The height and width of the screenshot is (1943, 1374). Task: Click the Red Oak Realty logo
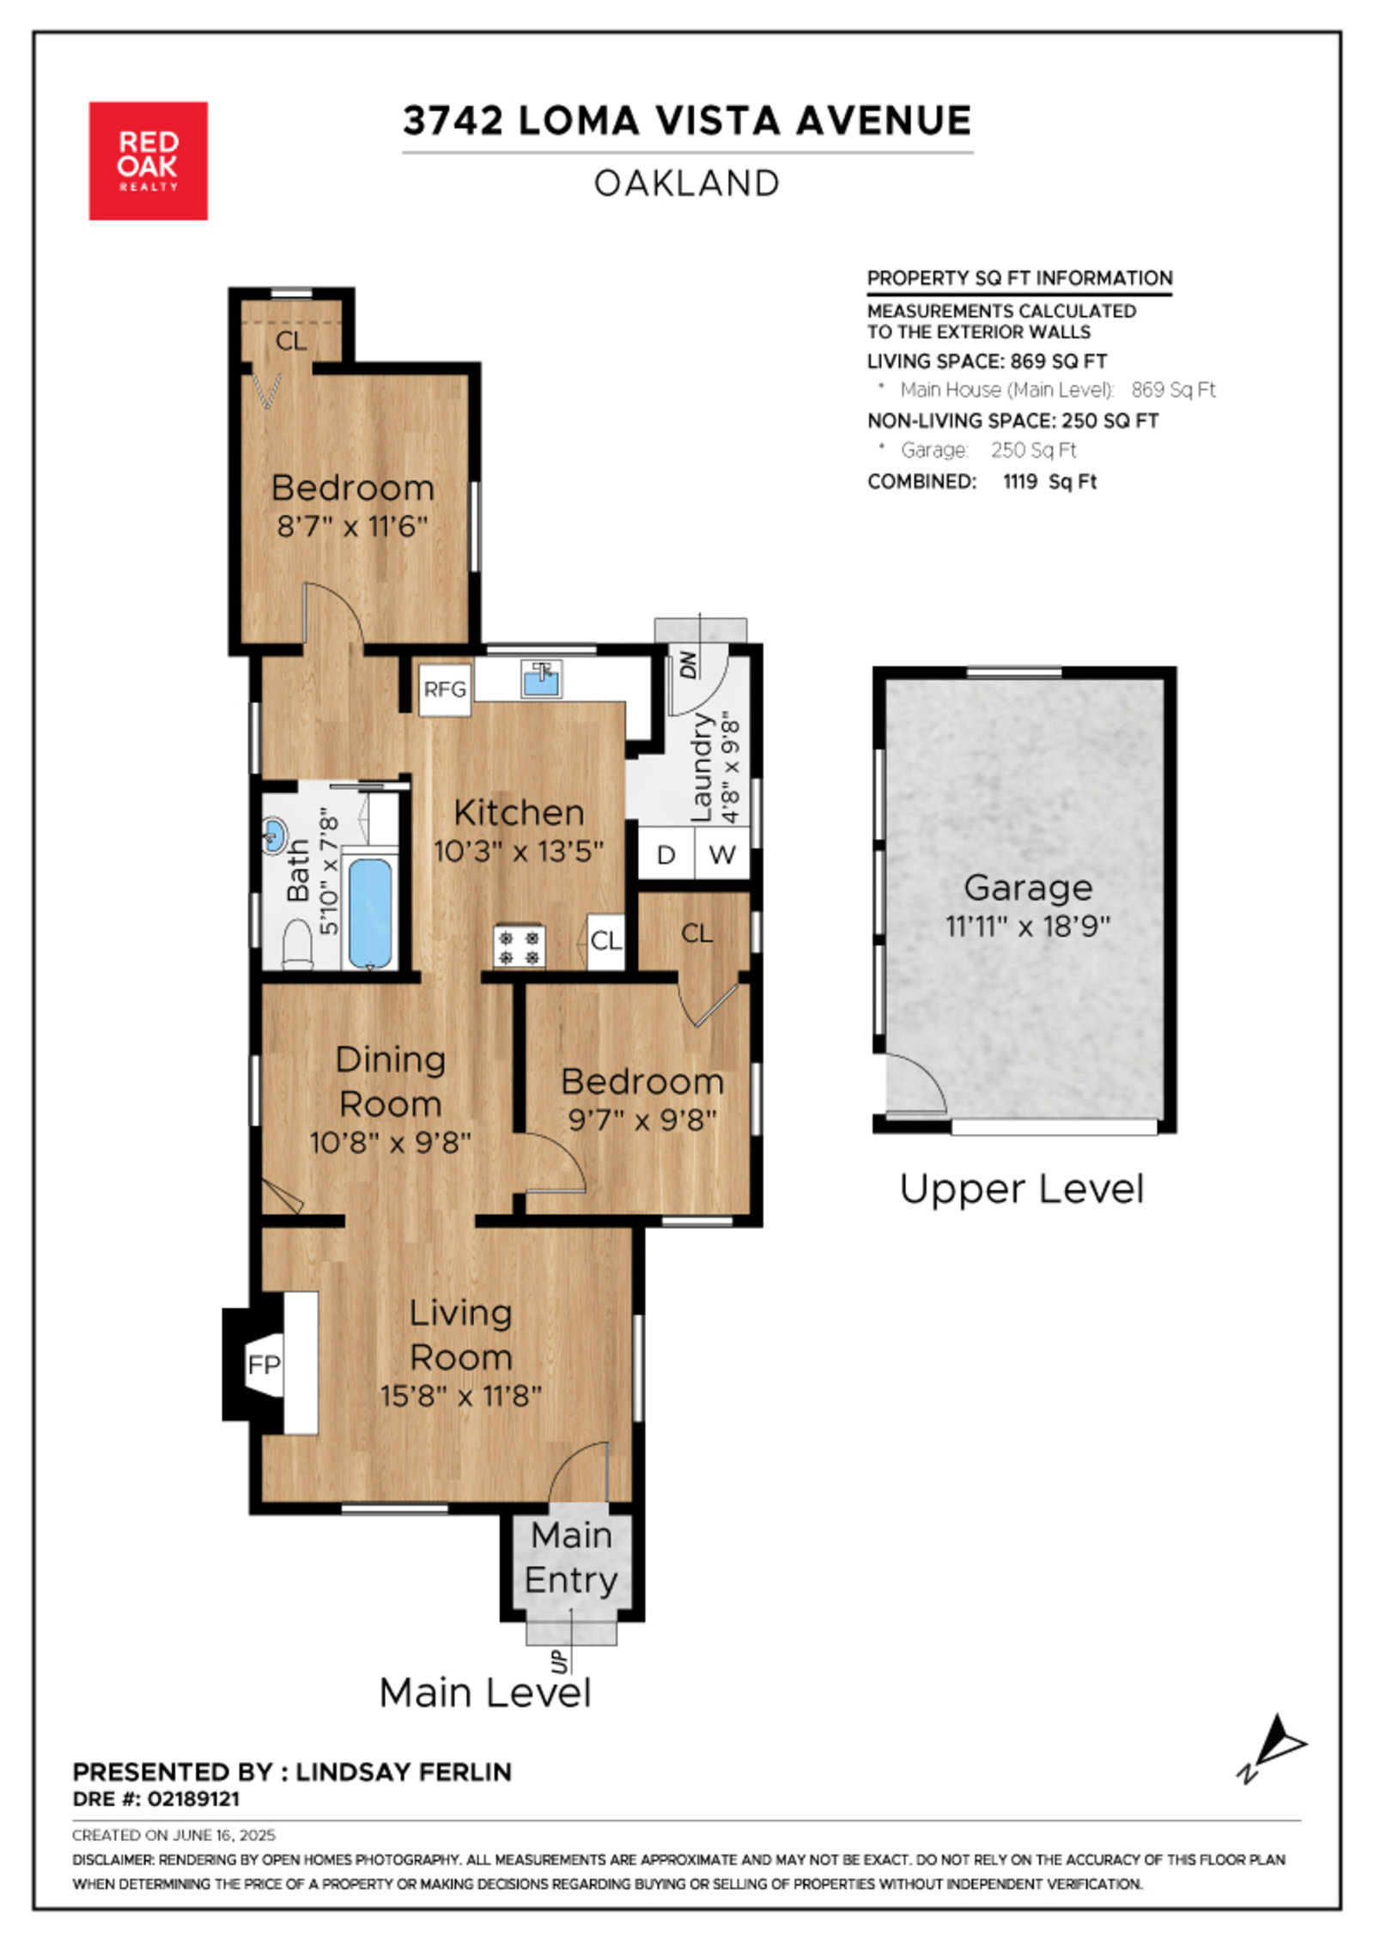coord(149,161)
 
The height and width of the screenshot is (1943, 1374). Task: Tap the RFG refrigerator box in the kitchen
coord(445,689)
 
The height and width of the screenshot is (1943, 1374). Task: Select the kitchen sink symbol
coord(542,679)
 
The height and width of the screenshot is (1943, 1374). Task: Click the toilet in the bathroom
coord(297,943)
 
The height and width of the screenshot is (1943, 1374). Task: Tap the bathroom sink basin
coord(274,834)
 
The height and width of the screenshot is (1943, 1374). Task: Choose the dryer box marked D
coord(666,854)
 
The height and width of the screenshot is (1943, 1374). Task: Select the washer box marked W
coord(722,854)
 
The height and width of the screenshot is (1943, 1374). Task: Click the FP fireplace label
coord(264,1364)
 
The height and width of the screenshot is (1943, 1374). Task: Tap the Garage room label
coord(1028,887)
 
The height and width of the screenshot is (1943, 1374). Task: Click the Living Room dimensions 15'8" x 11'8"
coord(461,1396)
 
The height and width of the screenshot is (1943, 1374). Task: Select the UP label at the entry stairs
coord(560,1661)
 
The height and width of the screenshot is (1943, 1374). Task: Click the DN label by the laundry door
coord(689,665)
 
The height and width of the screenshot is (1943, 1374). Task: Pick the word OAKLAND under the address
coord(687,183)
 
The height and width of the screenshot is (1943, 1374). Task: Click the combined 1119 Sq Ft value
coord(1049,482)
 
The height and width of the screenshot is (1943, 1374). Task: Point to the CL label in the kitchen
coord(605,941)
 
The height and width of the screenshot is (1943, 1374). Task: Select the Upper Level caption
coord(1022,1189)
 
